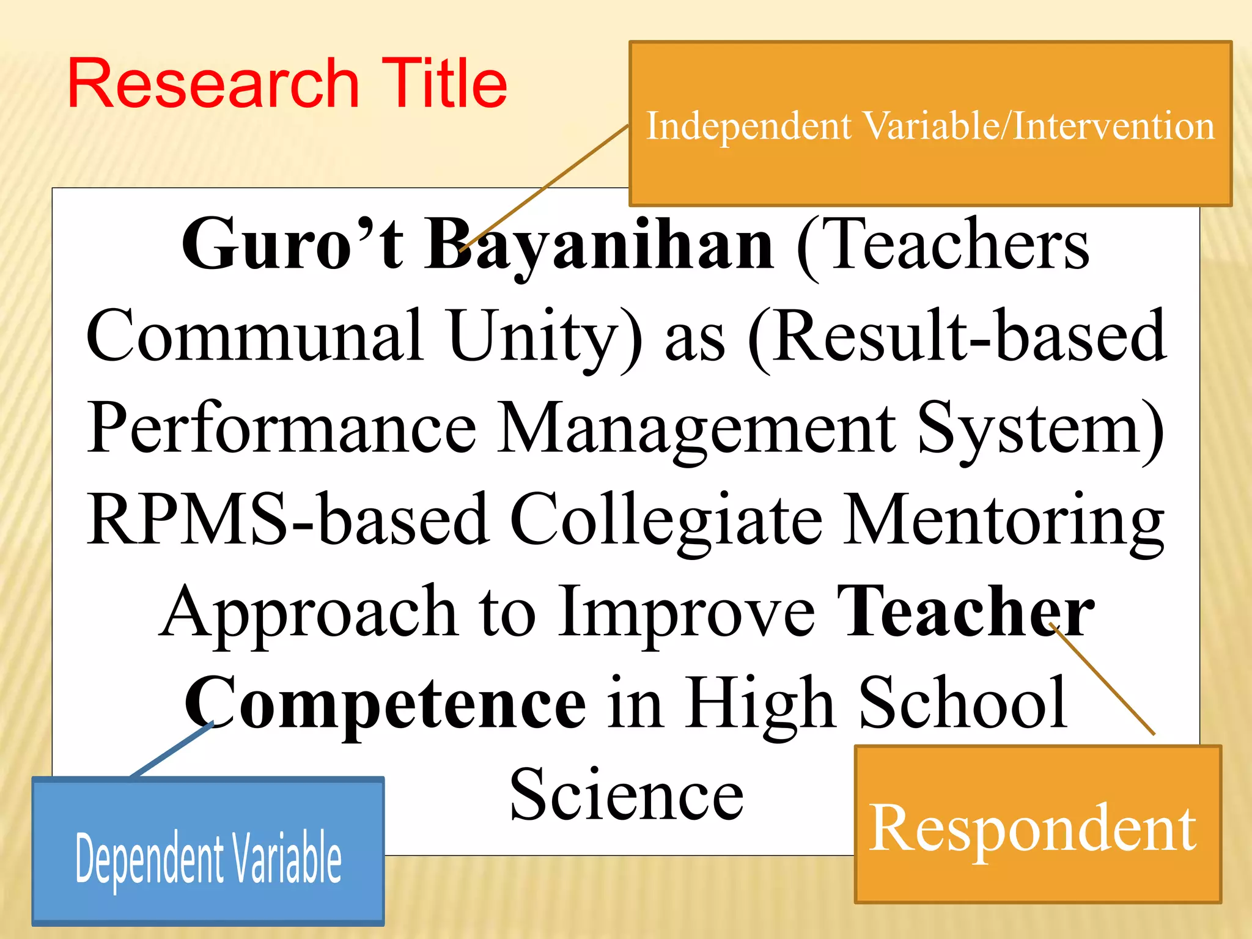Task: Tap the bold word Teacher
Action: (965, 611)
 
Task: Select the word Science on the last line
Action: (626, 795)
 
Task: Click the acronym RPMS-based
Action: (287, 520)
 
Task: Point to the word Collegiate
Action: (666, 520)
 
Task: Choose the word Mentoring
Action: (1003, 520)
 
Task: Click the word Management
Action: (696, 428)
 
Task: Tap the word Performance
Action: (281, 428)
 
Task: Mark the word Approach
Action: (309, 611)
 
